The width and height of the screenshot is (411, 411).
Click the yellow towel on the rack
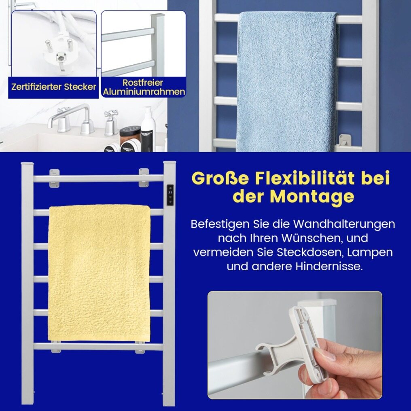pos(99,273)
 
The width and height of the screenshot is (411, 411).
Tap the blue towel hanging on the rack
pos(287,81)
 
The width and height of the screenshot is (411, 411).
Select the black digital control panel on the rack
pos(170,195)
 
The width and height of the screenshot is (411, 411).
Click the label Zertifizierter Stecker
pos(54,87)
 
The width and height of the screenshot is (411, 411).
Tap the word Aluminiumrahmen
pos(144,92)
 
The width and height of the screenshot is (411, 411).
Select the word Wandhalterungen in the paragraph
pos(344,224)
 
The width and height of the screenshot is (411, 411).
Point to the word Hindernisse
pos(329,266)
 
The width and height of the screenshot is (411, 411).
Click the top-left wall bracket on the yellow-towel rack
pos(54,178)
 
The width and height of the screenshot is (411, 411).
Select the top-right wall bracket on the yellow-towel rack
pos(144,178)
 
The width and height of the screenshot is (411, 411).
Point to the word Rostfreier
pos(143,83)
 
